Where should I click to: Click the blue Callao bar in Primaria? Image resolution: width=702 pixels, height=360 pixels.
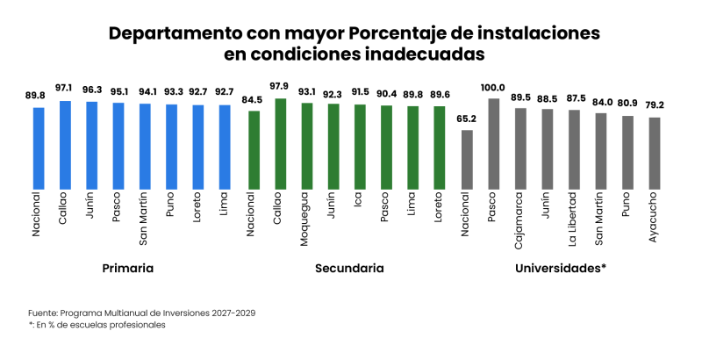pos(65,145)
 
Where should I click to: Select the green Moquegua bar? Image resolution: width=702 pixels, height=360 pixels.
pos(307,146)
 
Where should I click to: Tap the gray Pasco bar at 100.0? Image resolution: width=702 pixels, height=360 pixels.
pos(494,144)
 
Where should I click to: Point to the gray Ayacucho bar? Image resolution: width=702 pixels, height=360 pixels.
pos(655,153)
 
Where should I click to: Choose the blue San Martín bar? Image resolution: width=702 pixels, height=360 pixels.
pos(145,146)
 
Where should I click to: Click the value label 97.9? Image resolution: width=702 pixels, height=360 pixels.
pos(280,85)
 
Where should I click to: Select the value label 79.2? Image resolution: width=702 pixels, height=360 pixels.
pos(655,104)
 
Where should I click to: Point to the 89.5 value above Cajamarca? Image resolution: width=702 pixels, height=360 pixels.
pos(520,97)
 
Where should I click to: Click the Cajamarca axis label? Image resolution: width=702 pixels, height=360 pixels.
pos(520,218)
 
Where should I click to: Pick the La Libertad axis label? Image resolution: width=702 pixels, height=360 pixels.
pos(574,219)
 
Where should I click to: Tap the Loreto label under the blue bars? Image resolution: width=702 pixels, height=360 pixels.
pos(199,210)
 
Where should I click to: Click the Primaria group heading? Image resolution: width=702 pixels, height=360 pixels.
pos(128,268)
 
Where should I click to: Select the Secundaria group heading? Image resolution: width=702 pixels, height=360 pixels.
pos(349,268)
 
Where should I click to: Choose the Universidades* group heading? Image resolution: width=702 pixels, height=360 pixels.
pos(562,268)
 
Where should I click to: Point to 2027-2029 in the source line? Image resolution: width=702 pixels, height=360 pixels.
pos(229,312)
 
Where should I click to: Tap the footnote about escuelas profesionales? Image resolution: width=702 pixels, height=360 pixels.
pos(97,325)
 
